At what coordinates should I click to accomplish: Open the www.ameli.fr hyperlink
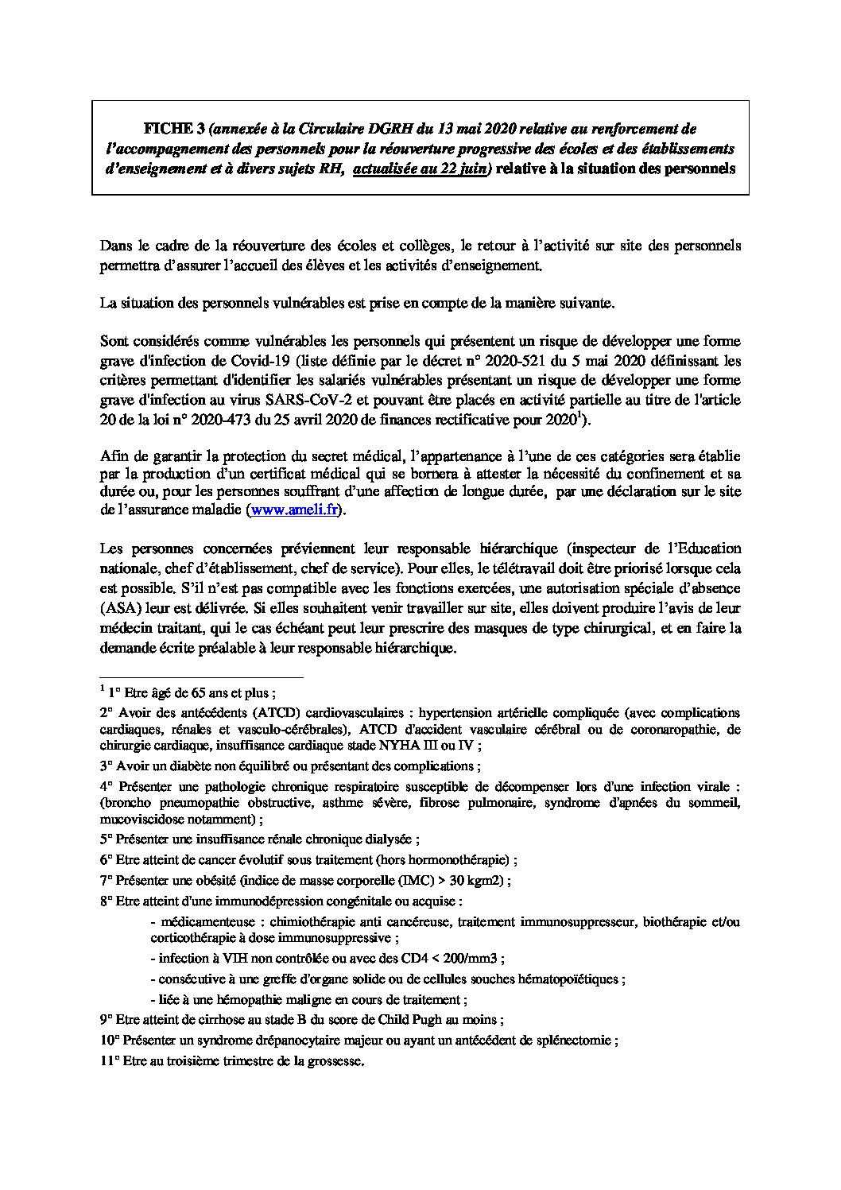pyautogui.click(x=295, y=510)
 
